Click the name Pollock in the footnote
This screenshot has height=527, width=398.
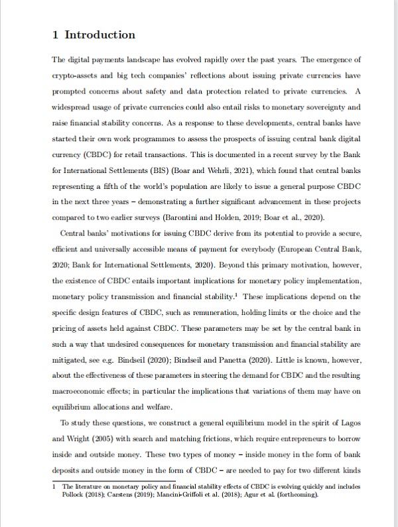tap(75, 494)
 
